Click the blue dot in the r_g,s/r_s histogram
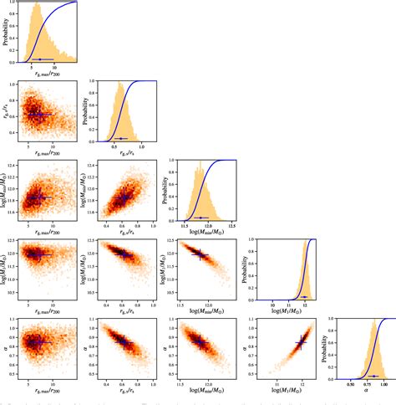point(122,138)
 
